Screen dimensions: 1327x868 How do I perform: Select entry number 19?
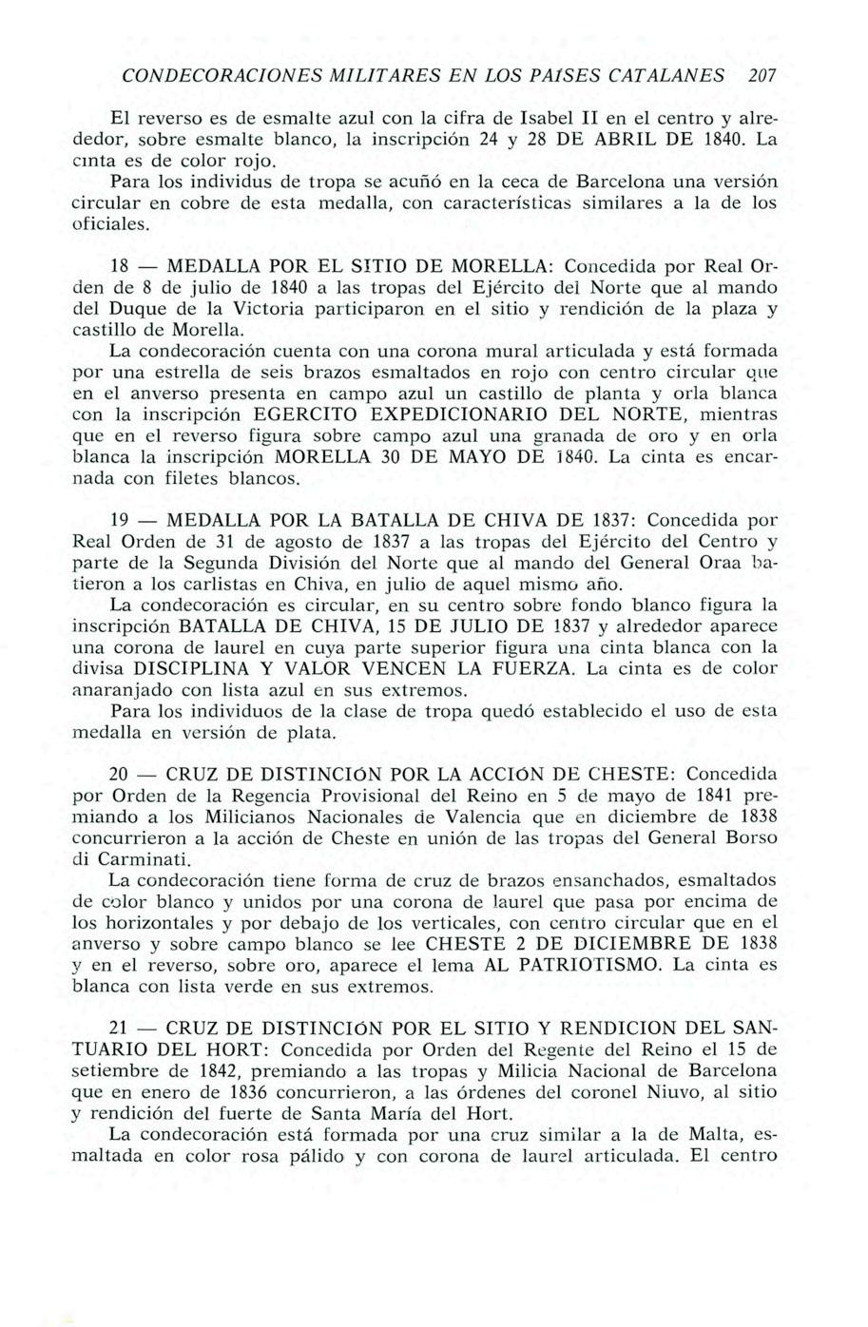[121, 521]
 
